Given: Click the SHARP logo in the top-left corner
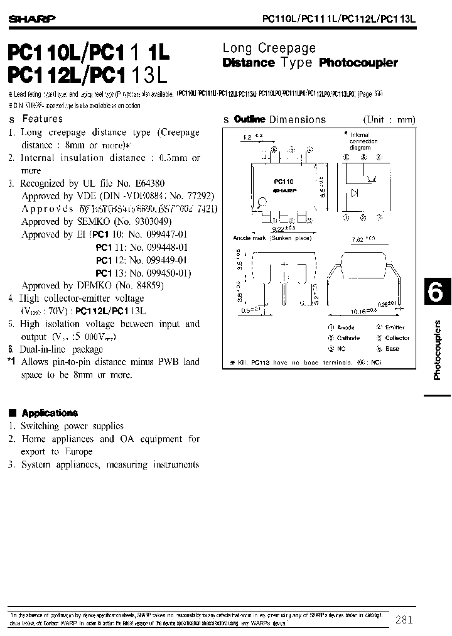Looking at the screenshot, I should (31, 19).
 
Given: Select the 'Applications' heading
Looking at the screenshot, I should (50, 413).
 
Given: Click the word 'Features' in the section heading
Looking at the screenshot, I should (43, 118).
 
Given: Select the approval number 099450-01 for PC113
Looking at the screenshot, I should (167, 273).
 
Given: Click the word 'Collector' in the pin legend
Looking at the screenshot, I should (397, 338).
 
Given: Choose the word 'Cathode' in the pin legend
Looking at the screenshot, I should (348, 338).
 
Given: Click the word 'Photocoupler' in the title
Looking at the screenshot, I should (358, 63).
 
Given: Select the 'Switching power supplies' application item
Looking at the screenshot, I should (72, 426).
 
